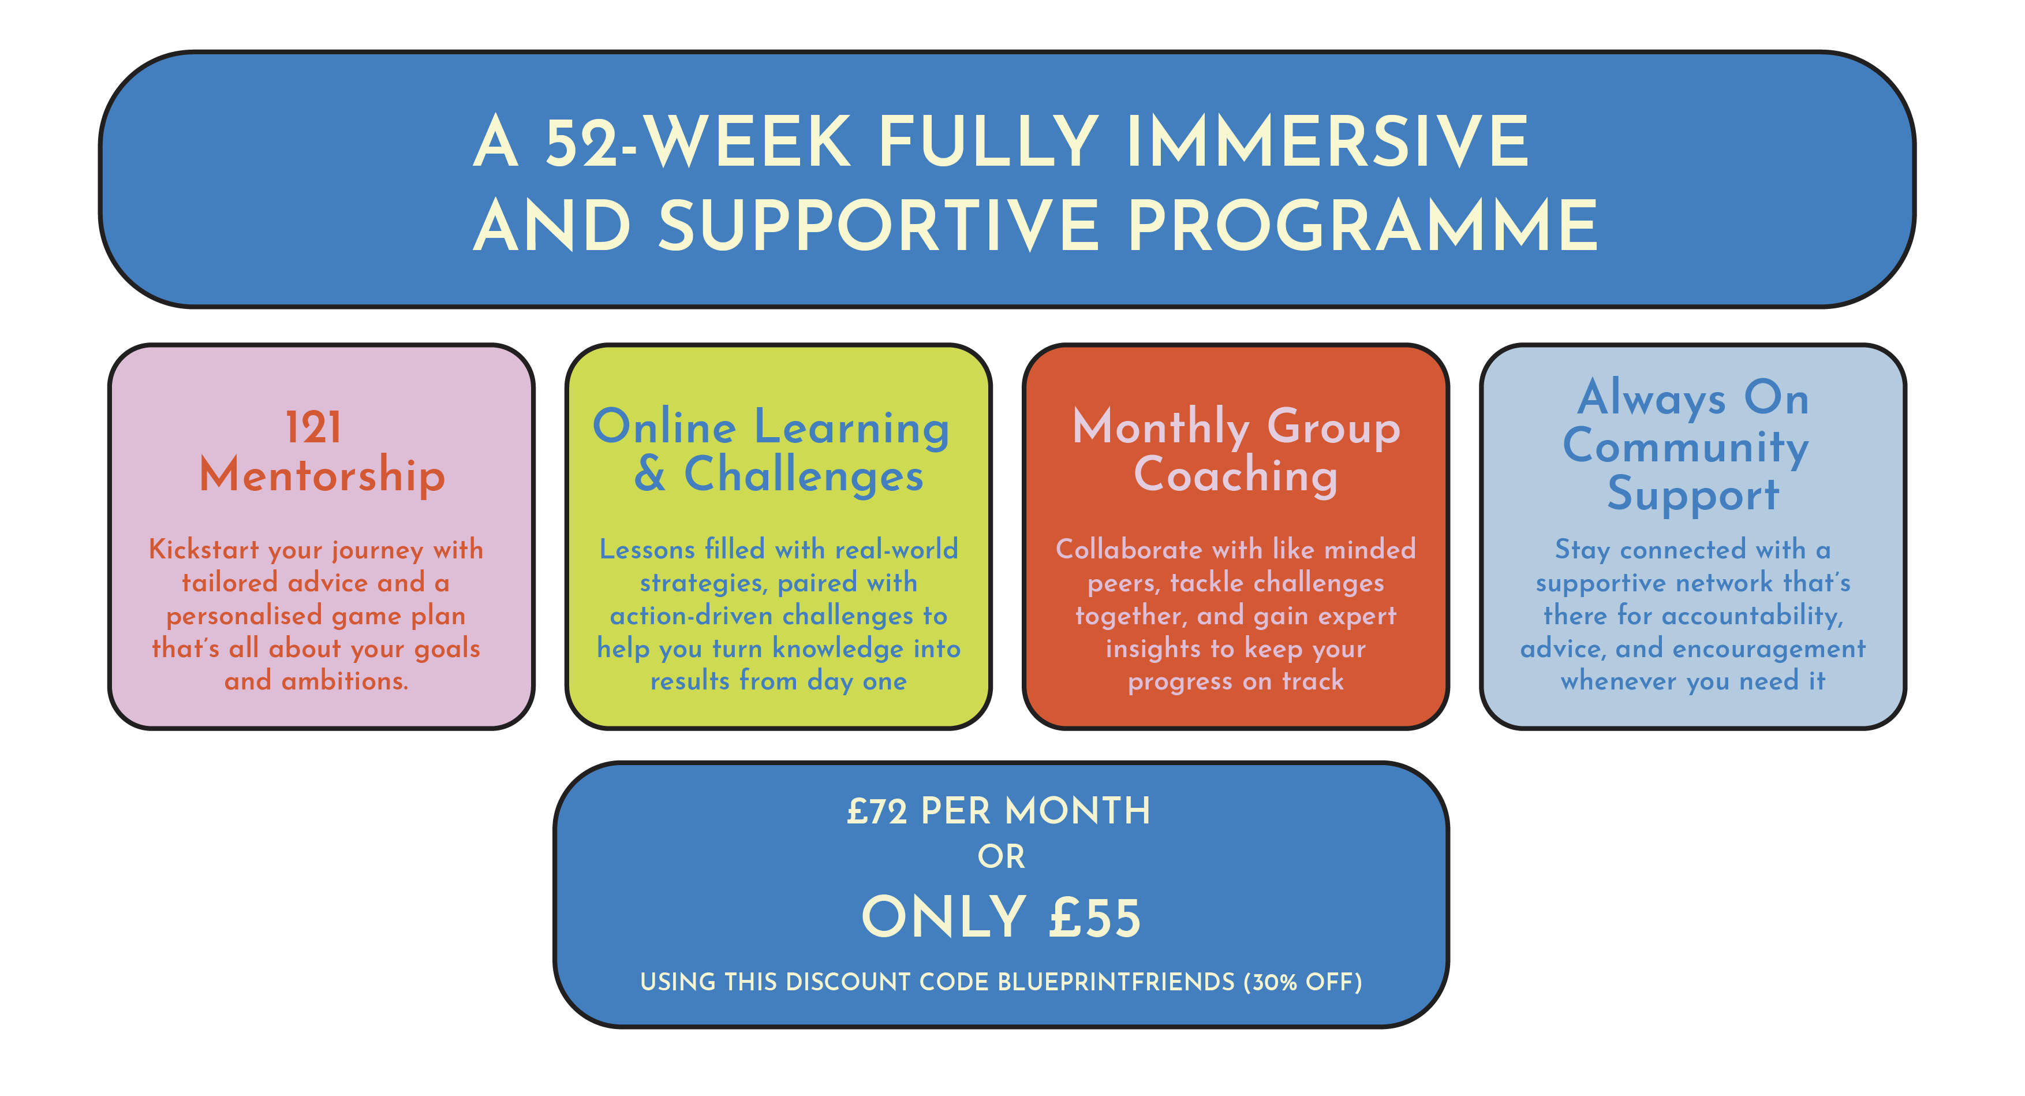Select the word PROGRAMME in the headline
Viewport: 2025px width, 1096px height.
pyautogui.click(x=1362, y=226)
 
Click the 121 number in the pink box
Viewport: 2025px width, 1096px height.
pyautogui.click(x=313, y=428)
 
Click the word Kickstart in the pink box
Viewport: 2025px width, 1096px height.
pyautogui.click(x=204, y=549)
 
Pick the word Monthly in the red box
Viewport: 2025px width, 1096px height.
pyautogui.click(x=1160, y=429)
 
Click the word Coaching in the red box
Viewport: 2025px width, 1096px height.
pyautogui.click(x=1236, y=476)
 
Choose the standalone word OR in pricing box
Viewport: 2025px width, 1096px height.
pyautogui.click(x=1001, y=857)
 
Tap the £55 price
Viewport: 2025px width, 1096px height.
pyautogui.click(x=1094, y=918)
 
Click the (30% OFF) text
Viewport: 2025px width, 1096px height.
pyautogui.click(x=1303, y=982)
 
